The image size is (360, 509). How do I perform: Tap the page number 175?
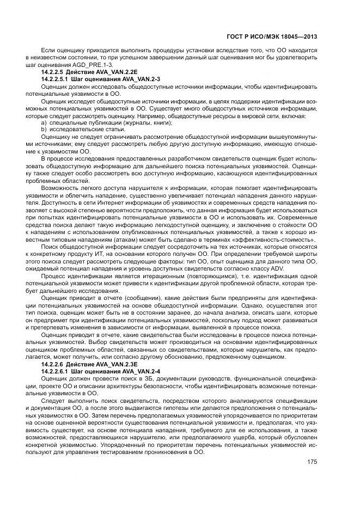click(x=312, y=462)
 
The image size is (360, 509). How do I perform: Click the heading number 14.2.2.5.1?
click(x=56, y=79)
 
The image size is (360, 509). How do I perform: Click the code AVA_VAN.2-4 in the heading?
click(x=142, y=371)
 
